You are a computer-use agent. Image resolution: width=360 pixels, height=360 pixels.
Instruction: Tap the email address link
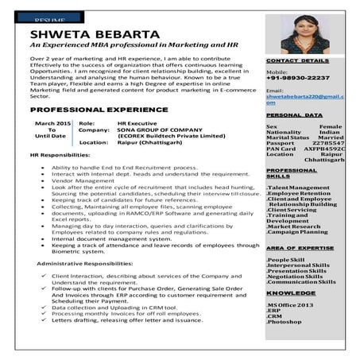click(x=304, y=99)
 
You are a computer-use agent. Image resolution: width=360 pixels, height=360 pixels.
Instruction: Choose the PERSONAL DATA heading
click(x=288, y=115)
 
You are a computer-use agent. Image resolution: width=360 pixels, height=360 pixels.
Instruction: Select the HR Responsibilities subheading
click(x=60, y=155)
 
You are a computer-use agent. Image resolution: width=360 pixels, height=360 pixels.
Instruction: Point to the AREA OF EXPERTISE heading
click(x=300, y=249)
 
